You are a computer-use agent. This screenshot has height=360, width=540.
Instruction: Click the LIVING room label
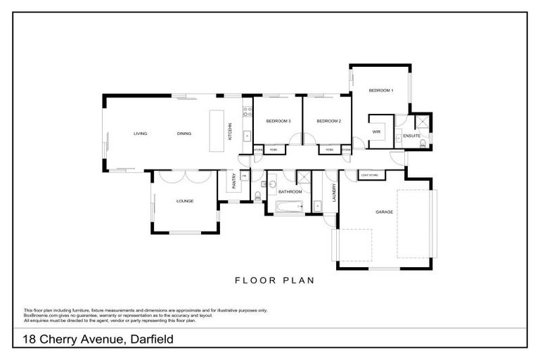pyautogui.click(x=140, y=134)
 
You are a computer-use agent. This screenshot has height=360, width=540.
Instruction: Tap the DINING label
pyautogui.click(x=184, y=134)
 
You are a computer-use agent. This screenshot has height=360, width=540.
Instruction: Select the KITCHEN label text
pyautogui.click(x=229, y=131)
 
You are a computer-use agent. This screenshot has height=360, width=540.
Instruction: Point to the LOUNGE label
pyautogui.click(x=184, y=202)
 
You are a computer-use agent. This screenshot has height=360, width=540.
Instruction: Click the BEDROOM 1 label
pyautogui.click(x=381, y=91)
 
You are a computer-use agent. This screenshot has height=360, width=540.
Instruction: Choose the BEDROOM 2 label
pyautogui.click(x=328, y=122)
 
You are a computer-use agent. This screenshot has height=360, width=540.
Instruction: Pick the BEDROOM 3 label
pyautogui.click(x=278, y=122)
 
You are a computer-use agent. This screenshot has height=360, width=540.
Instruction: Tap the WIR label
pyautogui.click(x=376, y=131)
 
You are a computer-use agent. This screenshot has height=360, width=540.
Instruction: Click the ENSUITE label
pyautogui.click(x=412, y=136)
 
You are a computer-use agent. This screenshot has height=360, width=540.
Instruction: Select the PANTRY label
pyautogui.click(x=233, y=182)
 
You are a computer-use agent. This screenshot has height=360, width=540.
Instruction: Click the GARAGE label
pyautogui.click(x=384, y=212)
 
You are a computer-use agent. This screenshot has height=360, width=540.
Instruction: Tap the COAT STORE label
pyautogui.click(x=369, y=174)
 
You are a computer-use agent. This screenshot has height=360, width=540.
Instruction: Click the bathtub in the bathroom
pyautogui.click(x=288, y=206)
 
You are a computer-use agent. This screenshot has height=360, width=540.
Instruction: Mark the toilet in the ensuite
pyautogui.click(x=422, y=144)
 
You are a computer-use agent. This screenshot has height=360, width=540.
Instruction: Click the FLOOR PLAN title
pyautogui.click(x=274, y=280)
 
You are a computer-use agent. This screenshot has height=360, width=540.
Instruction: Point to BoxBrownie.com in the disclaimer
pyautogui.click(x=40, y=316)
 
